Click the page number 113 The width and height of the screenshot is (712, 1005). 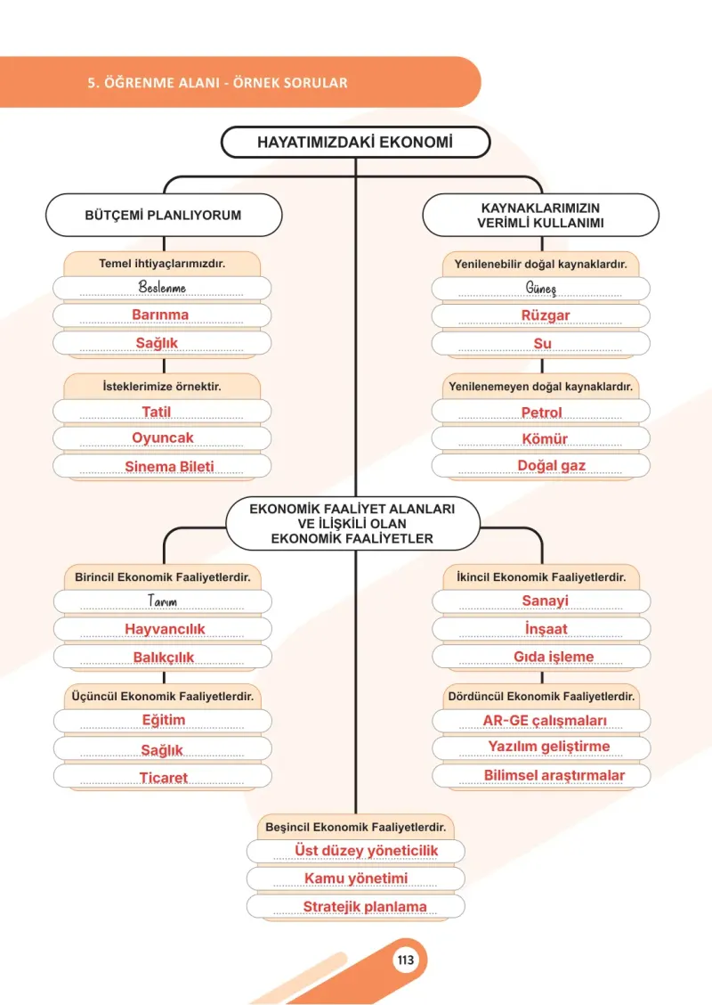[x=405, y=960]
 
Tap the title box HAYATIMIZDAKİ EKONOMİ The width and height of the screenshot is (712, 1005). [x=355, y=143]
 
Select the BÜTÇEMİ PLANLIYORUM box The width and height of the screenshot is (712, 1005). [x=163, y=216]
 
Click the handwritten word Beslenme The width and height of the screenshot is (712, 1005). [x=162, y=287]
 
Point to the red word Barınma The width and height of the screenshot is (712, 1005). [x=160, y=315]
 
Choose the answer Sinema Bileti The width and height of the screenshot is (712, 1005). [x=169, y=467]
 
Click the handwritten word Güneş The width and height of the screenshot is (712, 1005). [x=541, y=289]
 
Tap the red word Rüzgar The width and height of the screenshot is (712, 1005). [x=545, y=315]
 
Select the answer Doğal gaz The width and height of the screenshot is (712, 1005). [x=551, y=466]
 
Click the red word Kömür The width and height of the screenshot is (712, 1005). [x=545, y=439]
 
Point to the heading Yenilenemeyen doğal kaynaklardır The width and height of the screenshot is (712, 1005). [x=540, y=387]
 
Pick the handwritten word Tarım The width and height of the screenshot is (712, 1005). [x=162, y=601]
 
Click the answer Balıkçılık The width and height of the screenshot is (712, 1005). [x=163, y=657]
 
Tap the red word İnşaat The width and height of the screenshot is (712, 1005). [x=546, y=629]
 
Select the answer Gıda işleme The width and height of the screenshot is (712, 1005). [x=554, y=657]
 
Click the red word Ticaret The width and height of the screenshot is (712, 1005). [x=163, y=778]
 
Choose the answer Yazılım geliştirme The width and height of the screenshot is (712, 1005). [x=549, y=747]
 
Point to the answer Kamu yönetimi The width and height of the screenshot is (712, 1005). [x=355, y=878]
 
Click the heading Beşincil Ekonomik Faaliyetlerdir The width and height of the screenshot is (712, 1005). [x=355, y=827]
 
